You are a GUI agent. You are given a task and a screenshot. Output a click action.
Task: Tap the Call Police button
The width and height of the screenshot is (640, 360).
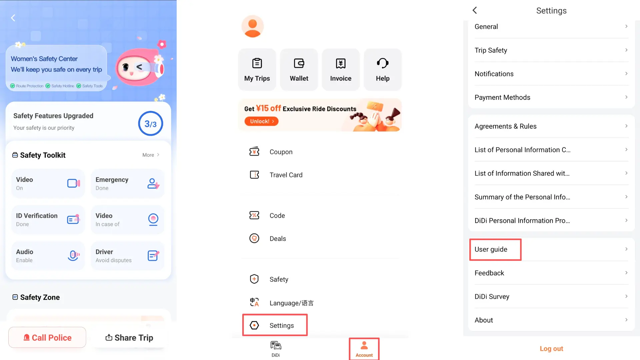47,337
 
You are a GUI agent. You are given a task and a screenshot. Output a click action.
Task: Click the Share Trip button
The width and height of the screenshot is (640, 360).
129,338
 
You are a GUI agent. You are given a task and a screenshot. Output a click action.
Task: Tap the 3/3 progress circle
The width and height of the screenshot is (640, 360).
150,124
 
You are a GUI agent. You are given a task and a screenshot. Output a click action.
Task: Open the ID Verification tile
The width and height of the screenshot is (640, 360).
48,219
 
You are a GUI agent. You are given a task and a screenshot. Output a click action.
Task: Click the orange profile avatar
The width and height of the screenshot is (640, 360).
252,26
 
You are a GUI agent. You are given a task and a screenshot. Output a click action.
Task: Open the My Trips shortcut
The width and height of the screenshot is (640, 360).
257,70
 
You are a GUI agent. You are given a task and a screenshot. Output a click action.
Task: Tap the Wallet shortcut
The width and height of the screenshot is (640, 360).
299,70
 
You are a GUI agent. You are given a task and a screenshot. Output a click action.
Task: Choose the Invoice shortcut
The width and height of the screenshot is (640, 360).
341,70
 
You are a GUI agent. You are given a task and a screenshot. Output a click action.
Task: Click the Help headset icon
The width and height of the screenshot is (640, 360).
383,63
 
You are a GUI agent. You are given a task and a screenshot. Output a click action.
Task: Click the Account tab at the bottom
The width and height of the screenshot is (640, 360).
364,349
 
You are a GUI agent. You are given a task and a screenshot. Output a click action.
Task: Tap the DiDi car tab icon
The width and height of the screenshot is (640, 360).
276,345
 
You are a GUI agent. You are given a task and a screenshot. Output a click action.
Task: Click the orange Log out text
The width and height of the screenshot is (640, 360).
551,349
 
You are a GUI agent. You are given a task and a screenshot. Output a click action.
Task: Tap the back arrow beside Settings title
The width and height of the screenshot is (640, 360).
475,10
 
